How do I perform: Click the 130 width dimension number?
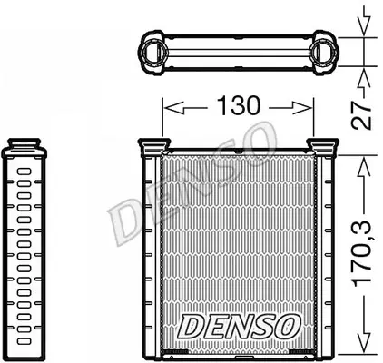239,105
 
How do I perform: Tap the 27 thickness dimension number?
362,115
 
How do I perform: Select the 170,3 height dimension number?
362,253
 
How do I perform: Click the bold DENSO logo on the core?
239,327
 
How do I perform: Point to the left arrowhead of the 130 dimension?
173,108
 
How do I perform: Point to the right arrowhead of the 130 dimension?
302,108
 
